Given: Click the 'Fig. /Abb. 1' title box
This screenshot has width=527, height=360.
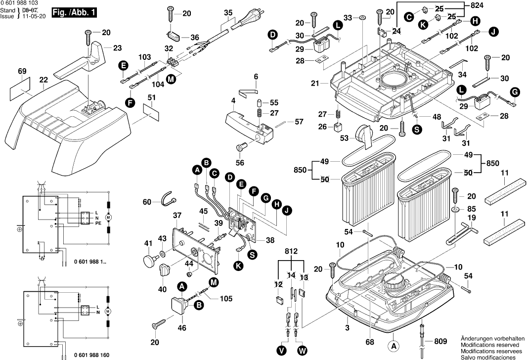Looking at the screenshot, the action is point(74,13).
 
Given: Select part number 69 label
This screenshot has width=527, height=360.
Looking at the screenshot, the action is point(22,71).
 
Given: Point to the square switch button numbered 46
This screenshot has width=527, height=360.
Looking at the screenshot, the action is point(178,305).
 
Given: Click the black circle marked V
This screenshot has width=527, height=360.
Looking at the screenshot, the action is point(282,351).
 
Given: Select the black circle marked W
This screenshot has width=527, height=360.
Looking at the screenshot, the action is point(303,351).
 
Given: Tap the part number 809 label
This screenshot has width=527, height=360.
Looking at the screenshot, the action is point(440,342).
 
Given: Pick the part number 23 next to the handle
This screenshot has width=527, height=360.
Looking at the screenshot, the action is point(117,48).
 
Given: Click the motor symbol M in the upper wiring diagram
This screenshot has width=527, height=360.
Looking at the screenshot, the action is point(108,218).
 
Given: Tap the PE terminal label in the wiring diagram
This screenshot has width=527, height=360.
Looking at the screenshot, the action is point(98,223).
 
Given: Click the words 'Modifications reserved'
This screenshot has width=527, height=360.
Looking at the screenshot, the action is point(490,345).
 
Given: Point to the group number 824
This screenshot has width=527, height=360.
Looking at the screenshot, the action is point(477,5).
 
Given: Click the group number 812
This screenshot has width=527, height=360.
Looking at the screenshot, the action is point(291,251).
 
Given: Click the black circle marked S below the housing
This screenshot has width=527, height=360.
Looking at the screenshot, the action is point(417,130).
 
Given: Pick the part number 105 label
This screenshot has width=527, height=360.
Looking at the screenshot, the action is point(226,299).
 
